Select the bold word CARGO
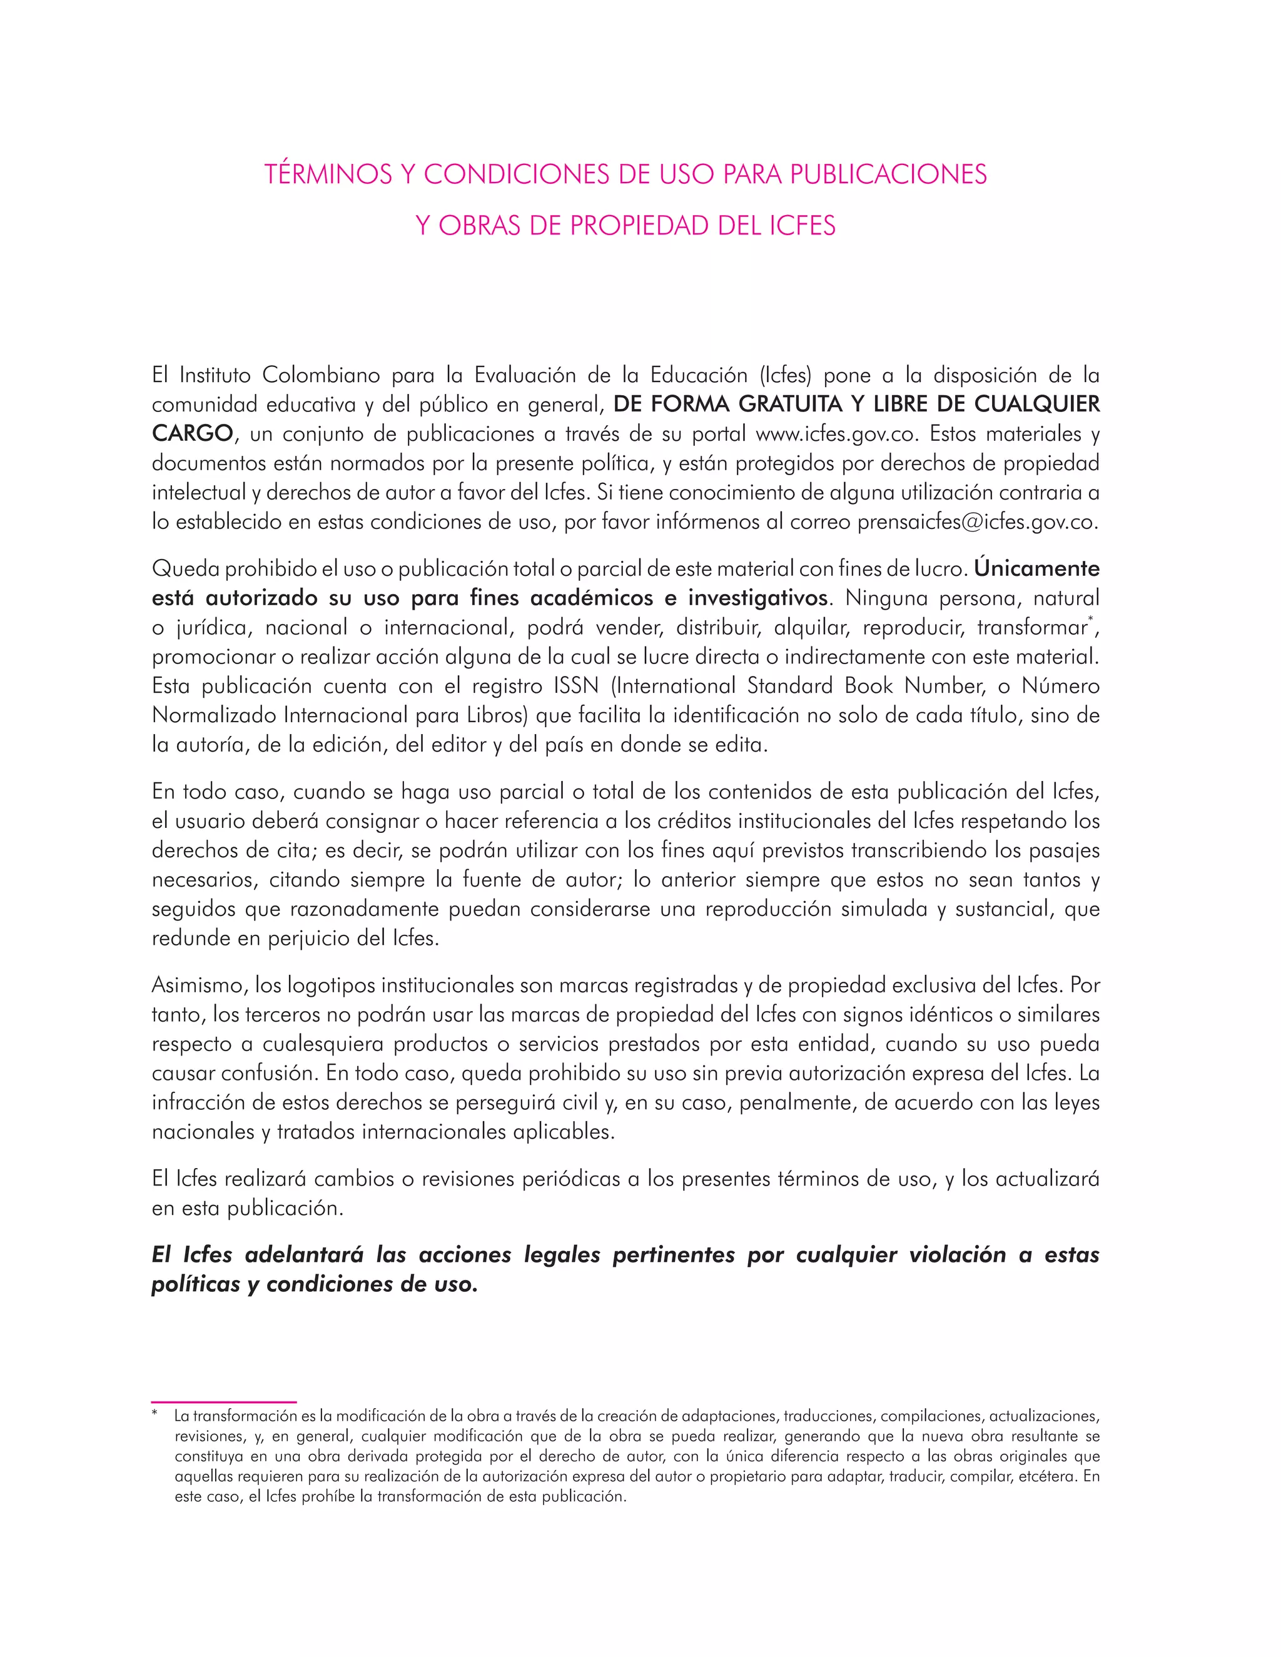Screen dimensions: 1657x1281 [192, 434]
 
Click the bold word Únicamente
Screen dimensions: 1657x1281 [1036, 568]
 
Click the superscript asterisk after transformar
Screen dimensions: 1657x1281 [1090, 622]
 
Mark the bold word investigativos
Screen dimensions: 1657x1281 [757, 598]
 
